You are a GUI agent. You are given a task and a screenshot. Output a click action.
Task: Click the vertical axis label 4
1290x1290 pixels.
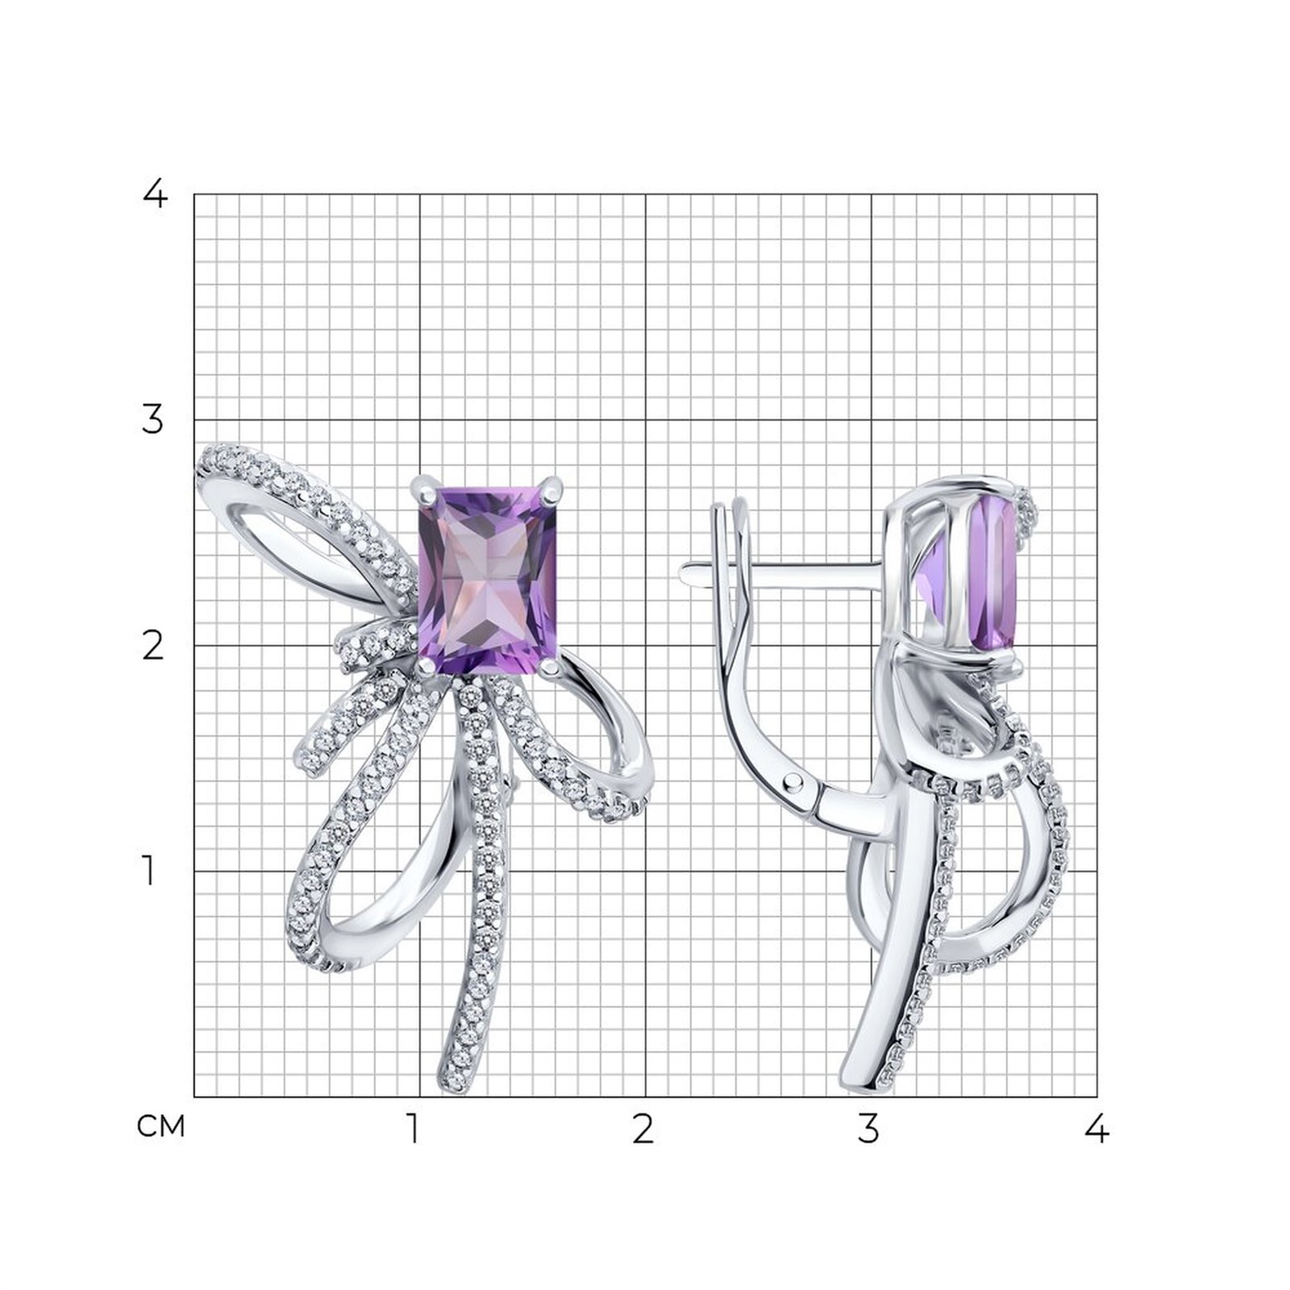(x=153, y=193)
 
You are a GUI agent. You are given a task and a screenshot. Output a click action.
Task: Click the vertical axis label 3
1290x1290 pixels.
(x=152, y=420)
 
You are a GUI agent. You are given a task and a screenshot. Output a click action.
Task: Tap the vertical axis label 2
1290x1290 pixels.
(x=153, y=646)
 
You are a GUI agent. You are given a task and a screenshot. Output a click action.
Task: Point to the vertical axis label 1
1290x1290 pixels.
(x=148, y=871)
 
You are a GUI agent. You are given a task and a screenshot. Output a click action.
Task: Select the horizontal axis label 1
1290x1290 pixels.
(x=413, y=1129)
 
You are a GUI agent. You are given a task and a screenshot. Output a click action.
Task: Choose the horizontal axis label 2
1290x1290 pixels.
(x=643, y=1129)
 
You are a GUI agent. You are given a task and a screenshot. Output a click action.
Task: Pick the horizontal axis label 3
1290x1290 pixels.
(x=868, y=1129)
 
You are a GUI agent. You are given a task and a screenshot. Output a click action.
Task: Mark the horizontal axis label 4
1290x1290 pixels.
(x=1096, y=1129)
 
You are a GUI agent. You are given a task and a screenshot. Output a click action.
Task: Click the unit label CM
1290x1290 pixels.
(x=161, y=1126)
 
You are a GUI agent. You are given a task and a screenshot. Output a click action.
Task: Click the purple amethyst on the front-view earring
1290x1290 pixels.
(x=488, y=580)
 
